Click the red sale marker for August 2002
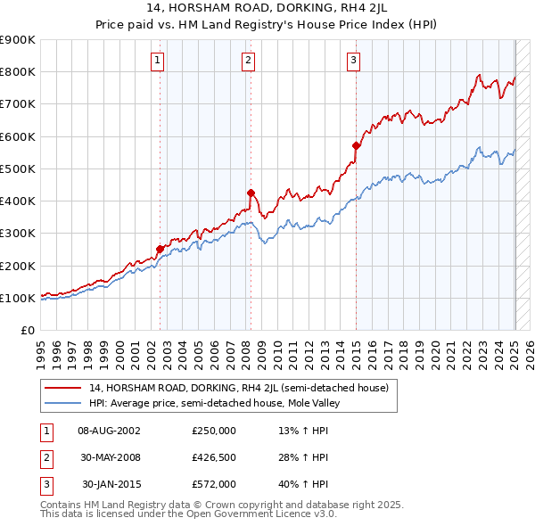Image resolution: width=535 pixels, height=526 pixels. point(160,250)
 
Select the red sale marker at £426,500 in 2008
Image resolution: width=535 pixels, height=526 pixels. point(251,193)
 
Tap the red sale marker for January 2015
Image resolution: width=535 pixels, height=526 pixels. point(356,145)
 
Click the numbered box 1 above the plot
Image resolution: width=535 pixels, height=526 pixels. point(157,61)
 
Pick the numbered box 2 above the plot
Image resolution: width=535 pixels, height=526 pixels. point(247,61)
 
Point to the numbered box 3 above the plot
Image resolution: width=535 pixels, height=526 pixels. point(353,61)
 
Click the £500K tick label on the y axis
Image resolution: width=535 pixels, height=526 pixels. point(18,168)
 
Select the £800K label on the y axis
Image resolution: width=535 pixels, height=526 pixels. point(18,71)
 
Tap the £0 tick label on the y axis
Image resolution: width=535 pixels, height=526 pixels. point(28,330)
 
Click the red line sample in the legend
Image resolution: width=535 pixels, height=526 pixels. point(63,389)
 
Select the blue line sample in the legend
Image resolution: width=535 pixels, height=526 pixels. point(63,403)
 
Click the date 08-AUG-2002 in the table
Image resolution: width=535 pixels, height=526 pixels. point(109,431)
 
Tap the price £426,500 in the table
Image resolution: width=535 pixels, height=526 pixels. point(214,457)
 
